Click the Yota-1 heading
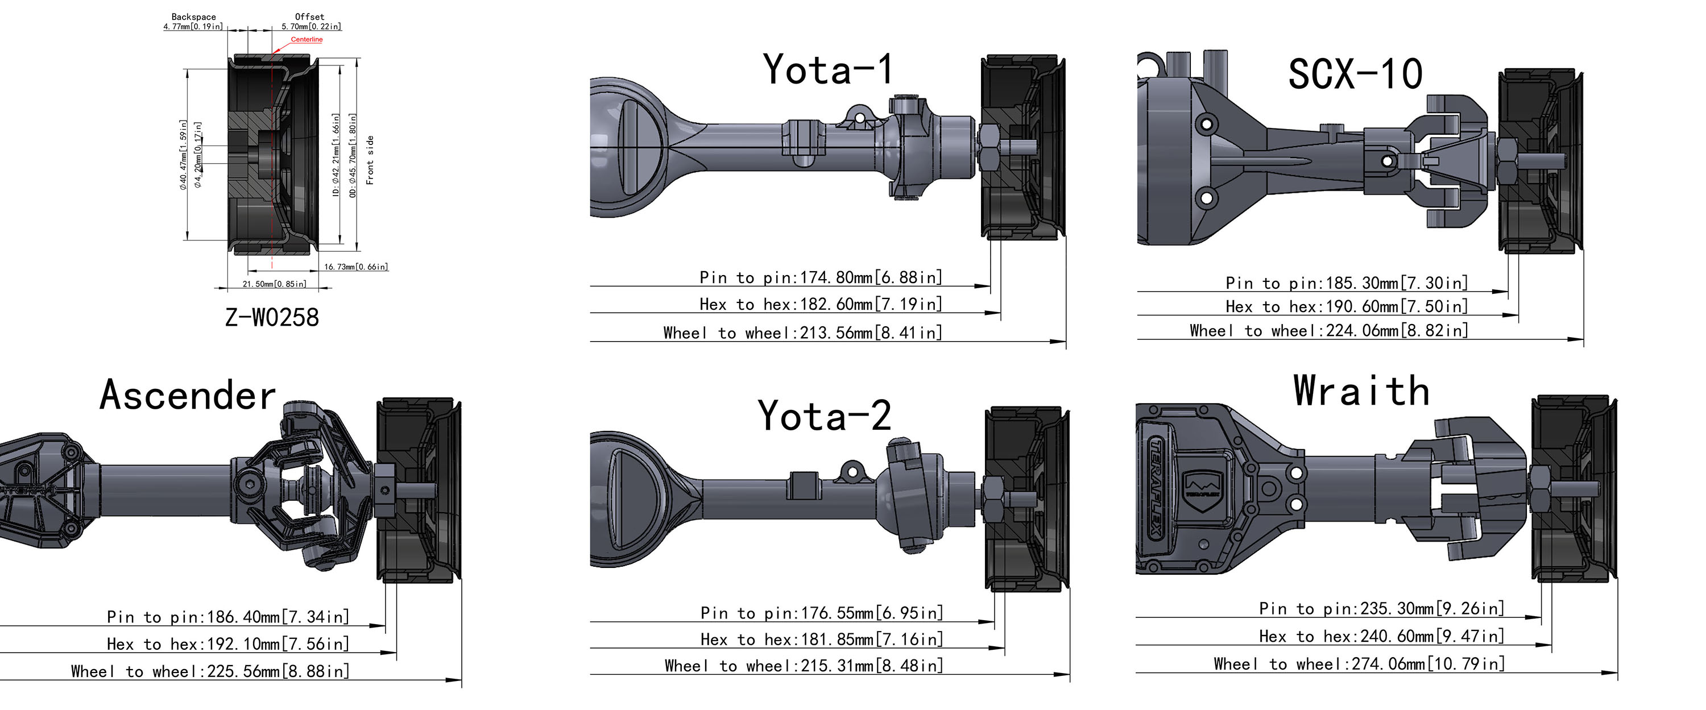(x=829, y=69)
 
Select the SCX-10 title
(x=1355, y=73)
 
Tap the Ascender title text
(x=188, y=396)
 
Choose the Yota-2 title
(x=825, y=416)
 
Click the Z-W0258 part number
(x=272, y=317)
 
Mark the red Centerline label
(x=307, y=40)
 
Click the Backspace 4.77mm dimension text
(x=193, y=22)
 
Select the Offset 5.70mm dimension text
(x=310, y=22)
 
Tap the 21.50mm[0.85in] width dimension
(x=274, y=284)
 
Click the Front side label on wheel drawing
(x=370, y=160)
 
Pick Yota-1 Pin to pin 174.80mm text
(x=821, y=277)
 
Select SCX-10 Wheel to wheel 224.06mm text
(x=1328, y=330)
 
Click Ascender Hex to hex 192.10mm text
(x=228, y=643)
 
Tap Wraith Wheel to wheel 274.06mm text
(x=1359, y=663)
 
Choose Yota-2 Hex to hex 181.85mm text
(x=822, y=639)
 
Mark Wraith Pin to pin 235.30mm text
(x=1381, y=608)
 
